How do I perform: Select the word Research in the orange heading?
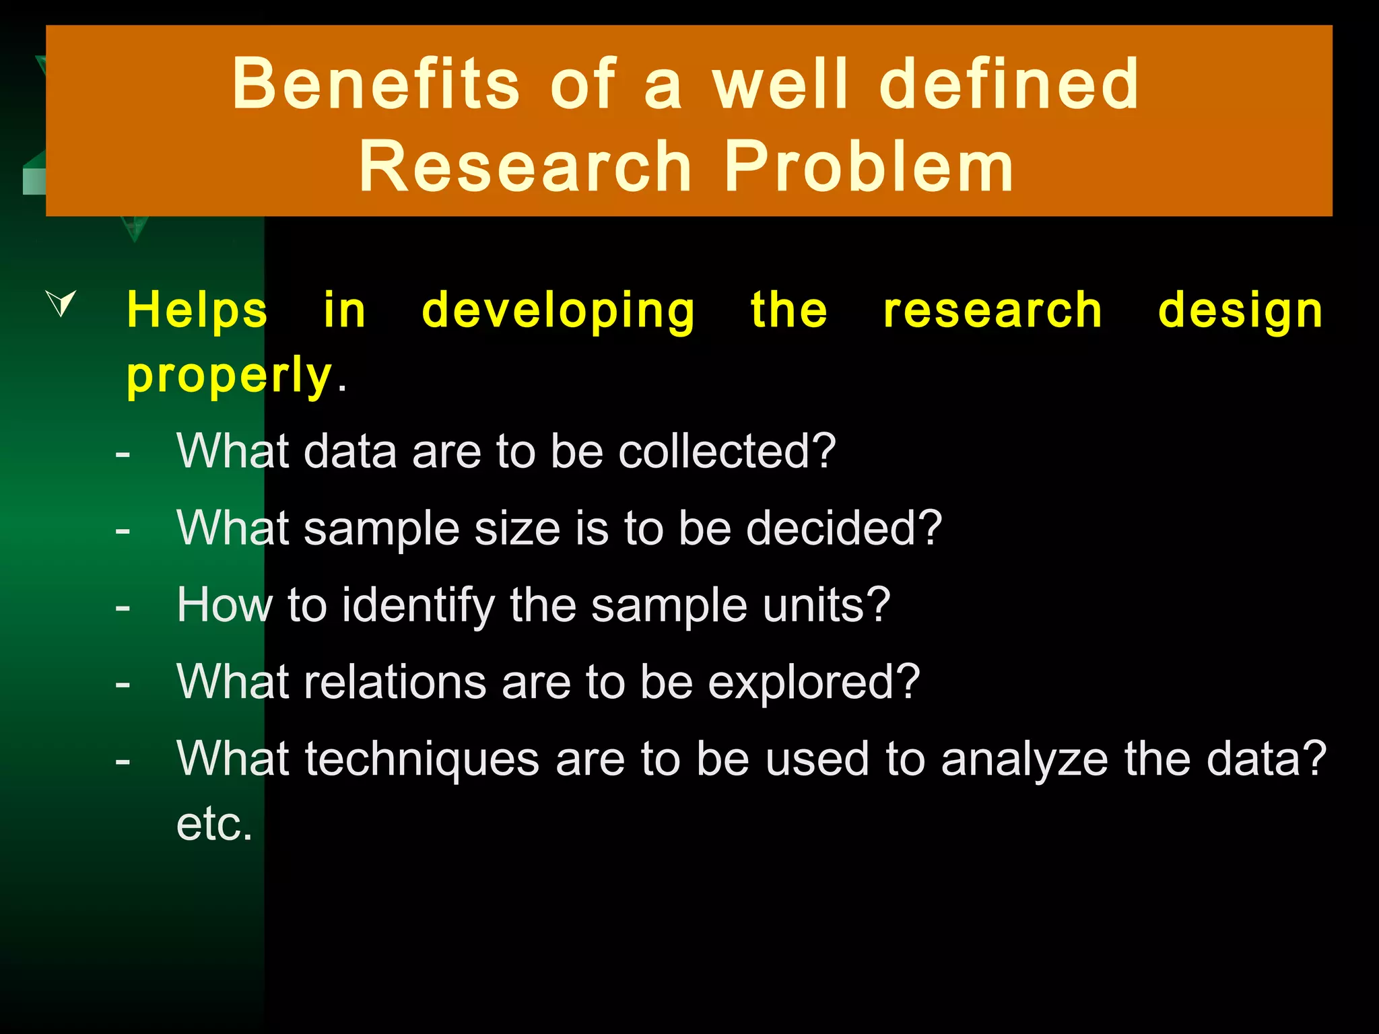click(x=525, y=167)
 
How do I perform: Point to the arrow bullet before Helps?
click(x=61, y=302)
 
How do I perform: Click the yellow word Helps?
click(x=197, y=310)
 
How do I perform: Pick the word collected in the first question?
click(x=727, y=451)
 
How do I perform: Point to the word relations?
click(x=395, y=682)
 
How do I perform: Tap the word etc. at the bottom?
click(x=214, y=824)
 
